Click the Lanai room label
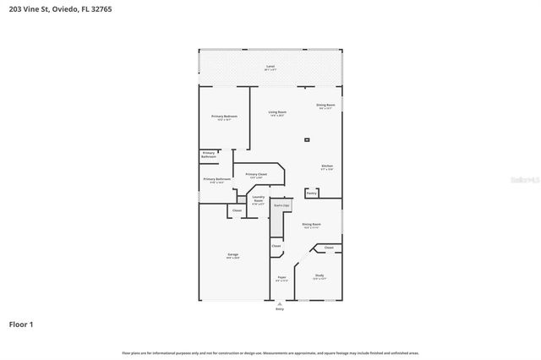click(270, 66)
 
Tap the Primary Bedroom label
click(224, 117)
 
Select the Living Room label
click(277, 113)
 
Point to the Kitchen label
click(326, 166)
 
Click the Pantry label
click(311, 193)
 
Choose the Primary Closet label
click(256, 175)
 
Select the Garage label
click(232, 255)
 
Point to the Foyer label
click(281, 277)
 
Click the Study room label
click(320, 276)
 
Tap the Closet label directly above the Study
click(328, 248)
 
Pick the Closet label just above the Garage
click(237, 210)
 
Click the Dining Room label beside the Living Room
click(325, 106)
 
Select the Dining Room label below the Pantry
click(311, 225)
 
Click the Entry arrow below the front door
click(280, 303)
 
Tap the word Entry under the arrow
click(280, 309)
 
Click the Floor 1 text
click(21, 324)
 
